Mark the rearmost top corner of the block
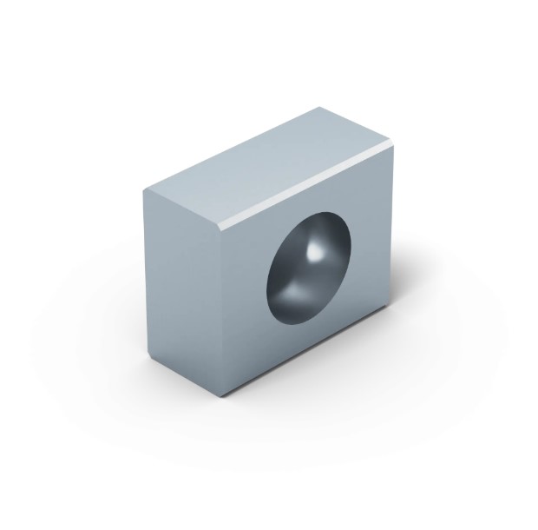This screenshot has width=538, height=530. point(318,108)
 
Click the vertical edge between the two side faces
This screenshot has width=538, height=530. point(225,313)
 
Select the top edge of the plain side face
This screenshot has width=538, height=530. point(183,209)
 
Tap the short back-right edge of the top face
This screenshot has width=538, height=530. point(358,125)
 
